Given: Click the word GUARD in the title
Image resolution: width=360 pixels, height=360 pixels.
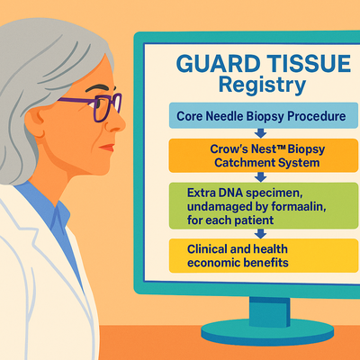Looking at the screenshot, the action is click(x=218, y=63).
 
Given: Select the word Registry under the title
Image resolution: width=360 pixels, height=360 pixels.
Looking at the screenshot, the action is click(x=263, y=85).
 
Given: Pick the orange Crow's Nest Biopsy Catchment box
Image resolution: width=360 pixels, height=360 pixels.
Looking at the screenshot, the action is click(x=264, y=156).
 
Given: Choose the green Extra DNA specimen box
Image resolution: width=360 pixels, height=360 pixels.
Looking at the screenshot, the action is click(x=264, y=206).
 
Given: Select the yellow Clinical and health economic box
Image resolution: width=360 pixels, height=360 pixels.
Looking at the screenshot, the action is click(x=264, y=256).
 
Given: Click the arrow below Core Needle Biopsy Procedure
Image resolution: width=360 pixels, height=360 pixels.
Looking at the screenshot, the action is click(x=260, y=133).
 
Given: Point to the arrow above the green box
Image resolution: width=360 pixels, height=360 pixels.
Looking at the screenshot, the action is click(x=260, y=177).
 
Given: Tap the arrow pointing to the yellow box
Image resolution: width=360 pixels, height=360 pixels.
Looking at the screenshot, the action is click(x=260, y=234).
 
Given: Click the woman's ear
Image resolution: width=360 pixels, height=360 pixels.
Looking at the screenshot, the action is click(x=35, y=121).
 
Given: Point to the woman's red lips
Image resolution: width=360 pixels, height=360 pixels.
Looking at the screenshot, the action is click(x=107, y=148).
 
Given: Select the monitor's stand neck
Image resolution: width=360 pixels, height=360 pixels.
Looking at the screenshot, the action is click(x=269, y=312).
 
